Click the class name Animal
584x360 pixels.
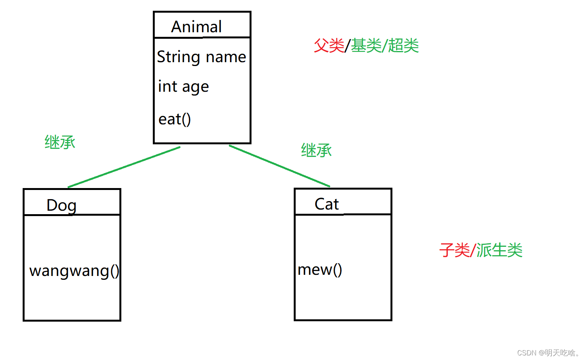tap(196, 27)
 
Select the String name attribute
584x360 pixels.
tap(201, 57)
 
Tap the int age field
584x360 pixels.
tap(183, 87)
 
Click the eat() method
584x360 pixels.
tap(174, 119)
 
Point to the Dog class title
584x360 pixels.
tap(61, 205)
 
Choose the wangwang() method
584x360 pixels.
tap(74, 271)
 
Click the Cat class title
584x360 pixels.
tap(326, 204)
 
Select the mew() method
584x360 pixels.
tap(319, 270)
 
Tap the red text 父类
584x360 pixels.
tap(329, 46)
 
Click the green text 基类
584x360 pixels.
tap(366, 46)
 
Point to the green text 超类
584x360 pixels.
tap(403, 46)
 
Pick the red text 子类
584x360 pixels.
tap(454, 250)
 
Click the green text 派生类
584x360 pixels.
tap(499, 250)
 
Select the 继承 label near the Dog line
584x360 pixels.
tap(60, 142)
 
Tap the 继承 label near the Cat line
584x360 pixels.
tap(316, 150)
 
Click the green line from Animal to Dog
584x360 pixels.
tap(124, 167)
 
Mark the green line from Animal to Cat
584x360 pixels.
tap(280, 166)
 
